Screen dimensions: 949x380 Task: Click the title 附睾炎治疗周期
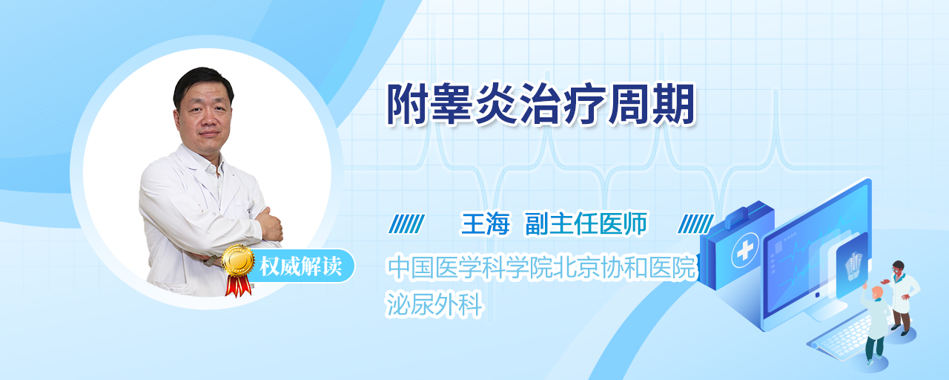[x=541, y=105]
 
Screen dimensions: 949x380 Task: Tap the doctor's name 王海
[x=485, y=224]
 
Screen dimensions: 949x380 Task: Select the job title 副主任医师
[x=586, y=224]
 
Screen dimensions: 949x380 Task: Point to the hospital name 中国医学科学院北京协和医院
[x=541, y=268]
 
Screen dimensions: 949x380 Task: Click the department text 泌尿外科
[x=434, y=304]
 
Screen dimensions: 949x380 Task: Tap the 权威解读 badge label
[x=300, y=266]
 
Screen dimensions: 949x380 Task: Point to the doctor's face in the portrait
[x=204, y=113]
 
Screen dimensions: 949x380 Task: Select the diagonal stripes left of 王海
[x=406, y=224]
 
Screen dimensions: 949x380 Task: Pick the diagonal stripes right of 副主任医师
[x=695, y=224]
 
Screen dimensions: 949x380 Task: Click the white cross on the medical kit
[x=745, y=250]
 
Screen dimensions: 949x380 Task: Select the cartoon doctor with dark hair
[x=901, y=297]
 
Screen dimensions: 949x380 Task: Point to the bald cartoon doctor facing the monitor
[x=874, y=325]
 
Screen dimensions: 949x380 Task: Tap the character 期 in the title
[x=674, y=105]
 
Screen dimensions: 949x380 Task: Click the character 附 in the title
[x=408, y=105]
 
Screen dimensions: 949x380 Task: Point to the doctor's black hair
[x=202, y=82]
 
